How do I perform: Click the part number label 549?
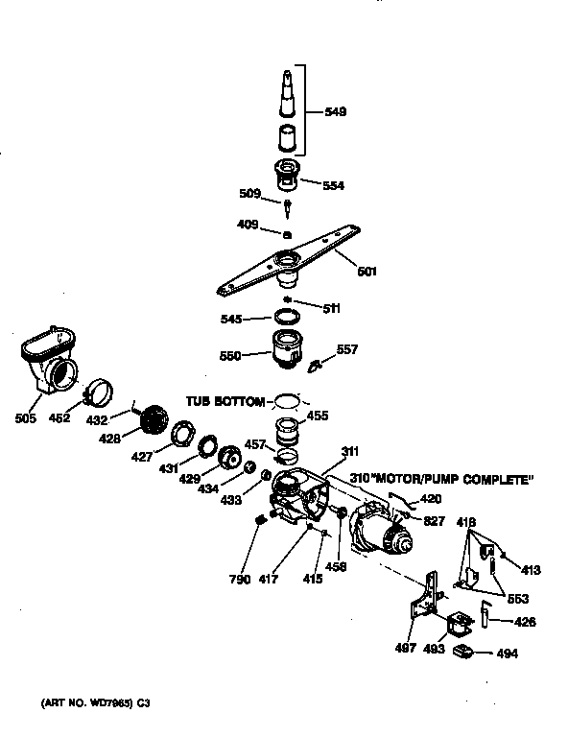click(335, 112)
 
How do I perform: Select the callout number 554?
click(334, 185)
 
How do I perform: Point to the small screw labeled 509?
click(287, 204)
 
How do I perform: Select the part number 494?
click(508, 654)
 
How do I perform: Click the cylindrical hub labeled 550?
click(285, 348)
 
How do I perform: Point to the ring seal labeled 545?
click(285, 316)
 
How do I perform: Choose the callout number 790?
click(240, 580)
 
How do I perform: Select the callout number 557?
click(346, 349)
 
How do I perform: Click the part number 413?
click(531, 570)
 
